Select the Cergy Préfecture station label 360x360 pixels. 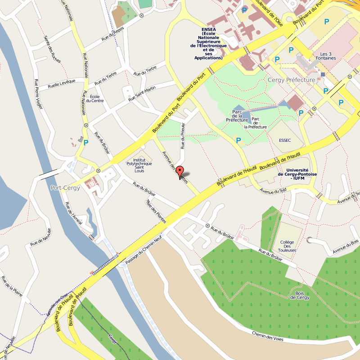coord(291,80)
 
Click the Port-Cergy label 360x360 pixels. coord(65,188)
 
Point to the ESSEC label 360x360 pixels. coord(285,140)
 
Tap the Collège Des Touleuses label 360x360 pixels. coord(287,246)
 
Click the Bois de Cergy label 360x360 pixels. coord(300,295)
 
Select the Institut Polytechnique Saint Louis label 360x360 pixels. coord(139,165)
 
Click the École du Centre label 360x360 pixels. coord(97,98)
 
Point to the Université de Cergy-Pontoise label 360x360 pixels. coord(297,174)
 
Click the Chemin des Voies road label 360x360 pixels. coord(268,336)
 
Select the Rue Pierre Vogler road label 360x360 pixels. coord(39,94)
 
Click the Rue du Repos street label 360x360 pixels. coord(112,36)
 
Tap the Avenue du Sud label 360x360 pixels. coord(273,192)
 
